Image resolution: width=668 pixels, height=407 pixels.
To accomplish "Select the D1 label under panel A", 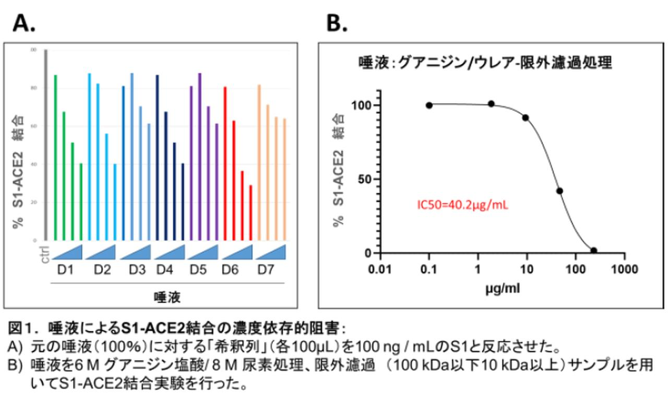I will coord(68,270).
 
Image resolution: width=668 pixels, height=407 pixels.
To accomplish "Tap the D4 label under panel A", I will coord(165,270).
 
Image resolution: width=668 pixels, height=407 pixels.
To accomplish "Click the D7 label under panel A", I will coord(267,270).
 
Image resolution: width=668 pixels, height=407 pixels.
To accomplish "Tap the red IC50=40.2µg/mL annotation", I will coord(462,205).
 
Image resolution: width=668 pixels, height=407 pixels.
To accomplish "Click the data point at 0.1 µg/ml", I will coord(429,105).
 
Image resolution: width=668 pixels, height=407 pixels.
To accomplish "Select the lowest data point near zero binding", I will coord(593,250).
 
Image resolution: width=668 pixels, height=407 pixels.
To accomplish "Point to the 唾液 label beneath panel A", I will coord(167,297).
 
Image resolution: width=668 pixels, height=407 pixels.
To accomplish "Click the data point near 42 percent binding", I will coord(559,191).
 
